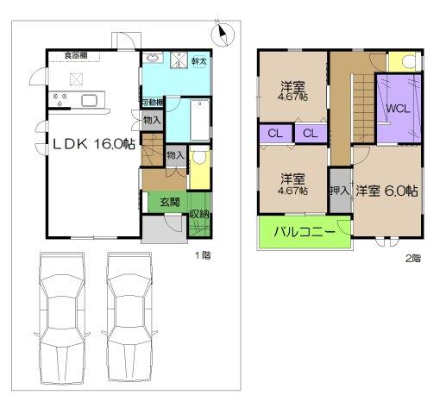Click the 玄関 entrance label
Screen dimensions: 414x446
pyautogui.click(x=169, y=202)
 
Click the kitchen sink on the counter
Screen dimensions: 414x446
pyautogui.click(x=90, y=100)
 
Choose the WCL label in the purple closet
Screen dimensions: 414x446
pyautogui.click(x=397, y=110)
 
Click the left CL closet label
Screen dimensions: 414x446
pyautogui.click(x=273, y=133)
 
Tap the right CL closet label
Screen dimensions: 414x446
pyautogui.click(x=309, y=133)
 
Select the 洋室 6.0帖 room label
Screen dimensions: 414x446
pyautogui.click(x=387, y=191)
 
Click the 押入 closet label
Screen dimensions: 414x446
pyautogui.click(x=339, y=189)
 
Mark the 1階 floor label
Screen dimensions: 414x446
pyautogui.click(x=203, y=256)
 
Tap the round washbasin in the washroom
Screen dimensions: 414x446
pyautogui.click(x=153, y=59)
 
